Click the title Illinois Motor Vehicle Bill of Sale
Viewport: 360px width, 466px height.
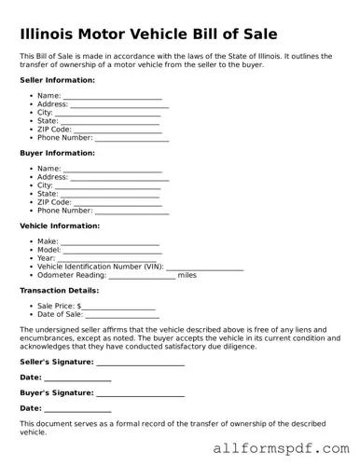(x=148, y=34)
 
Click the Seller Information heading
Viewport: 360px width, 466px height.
(x=57, y=80)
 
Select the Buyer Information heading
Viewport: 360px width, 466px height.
(x=57, y=153)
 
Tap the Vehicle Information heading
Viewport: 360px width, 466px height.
(x=60, y=226)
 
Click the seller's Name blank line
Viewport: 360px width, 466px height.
(x=113, y=96)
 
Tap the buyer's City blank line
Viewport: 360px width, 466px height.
(x=108, y=186)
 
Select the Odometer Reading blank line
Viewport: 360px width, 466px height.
(x=143, y=276)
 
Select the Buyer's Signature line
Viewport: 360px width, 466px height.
(x=140, y=394)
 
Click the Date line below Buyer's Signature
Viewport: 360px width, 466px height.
(x=77, y=410)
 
